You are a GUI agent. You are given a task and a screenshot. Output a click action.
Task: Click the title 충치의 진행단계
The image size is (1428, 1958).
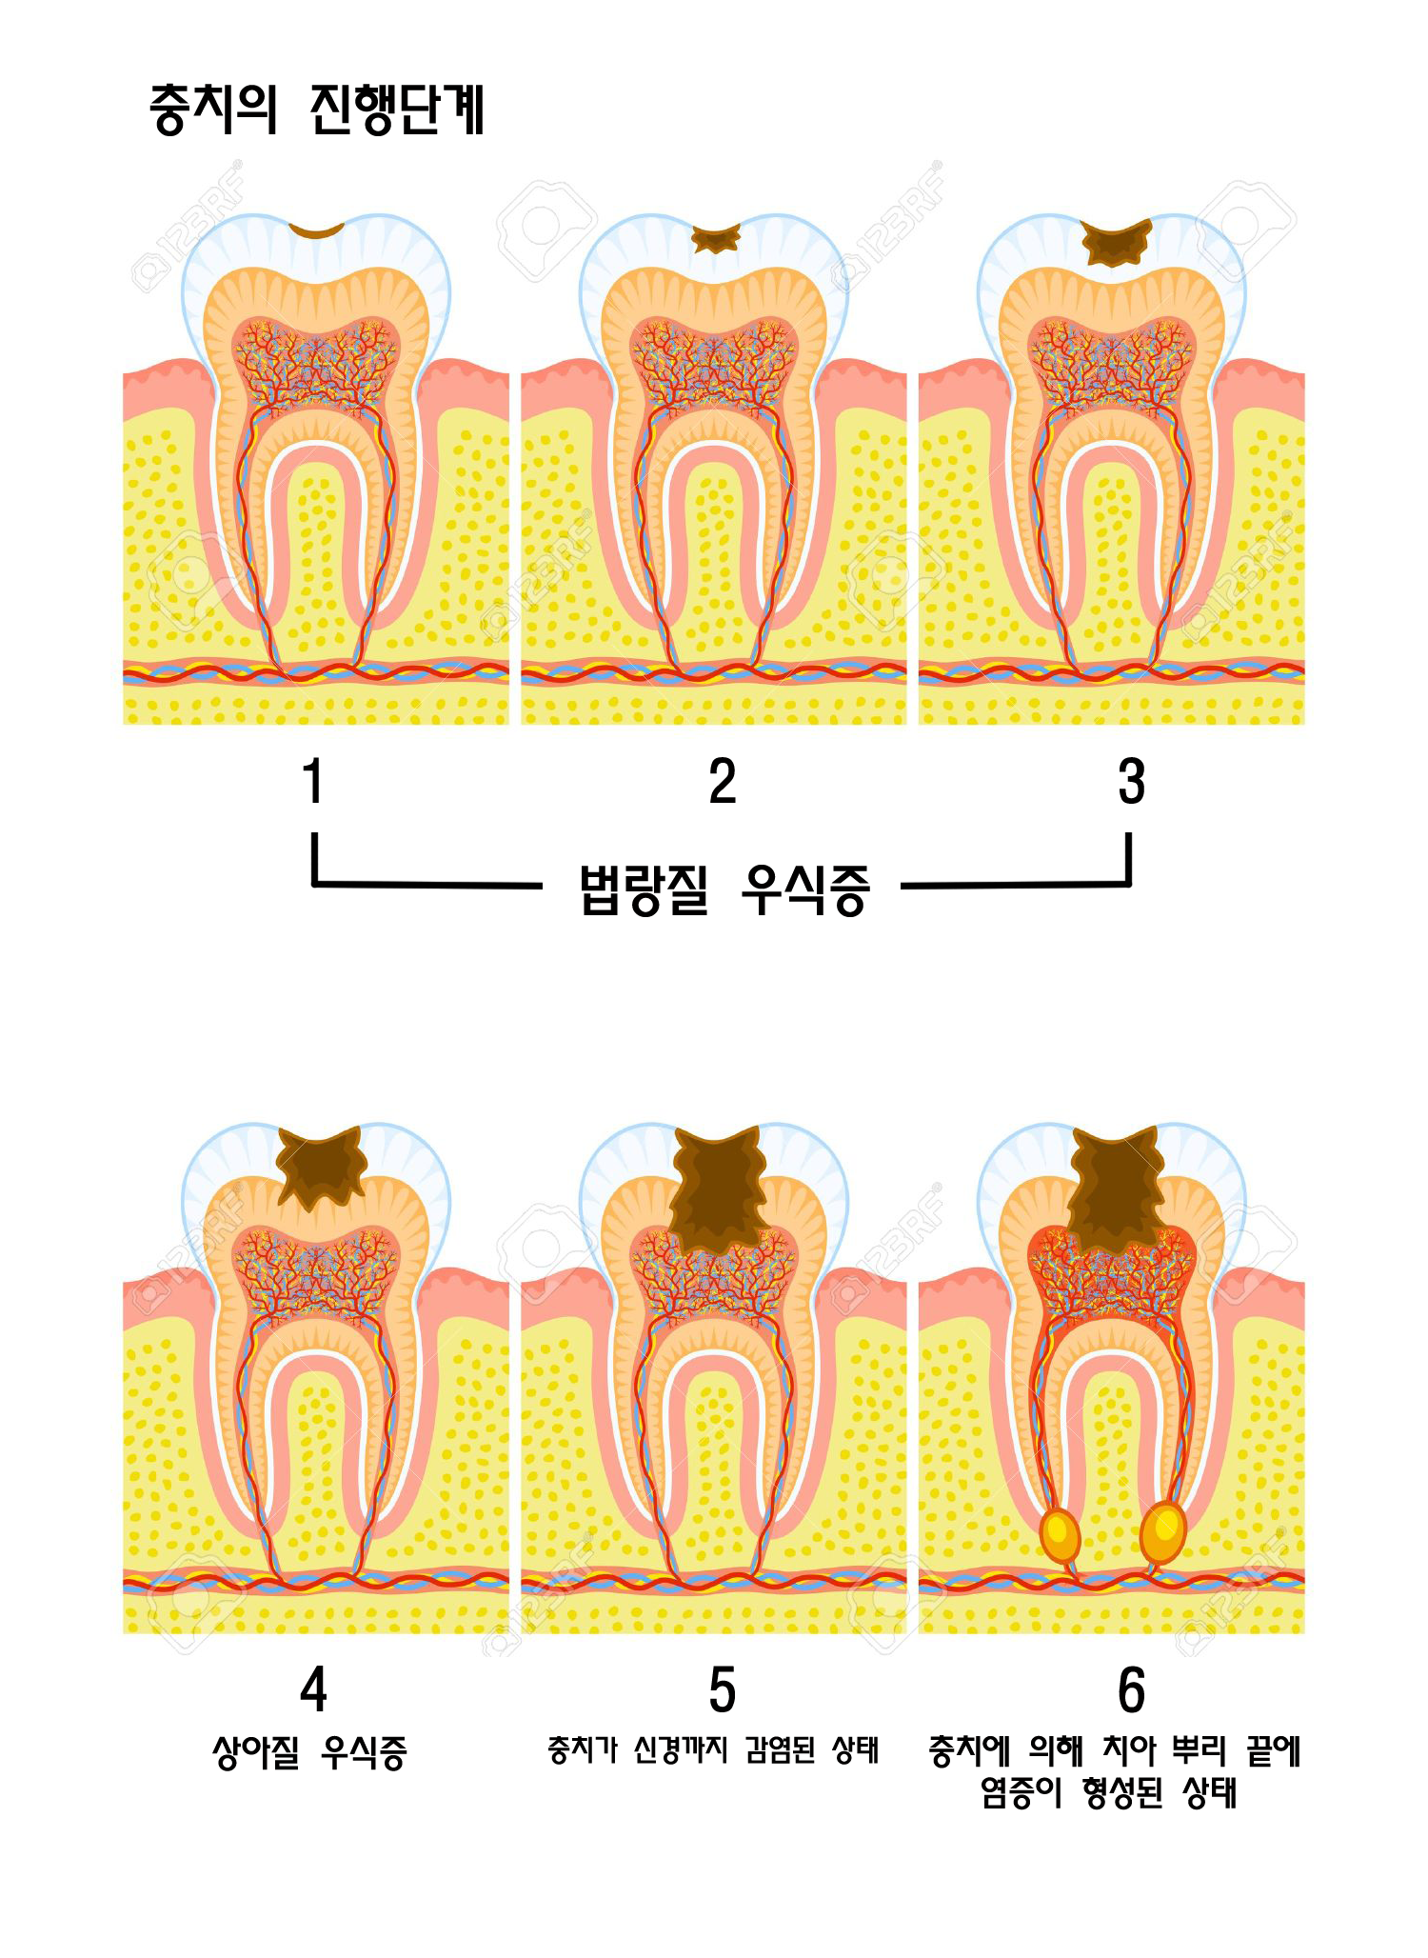317,110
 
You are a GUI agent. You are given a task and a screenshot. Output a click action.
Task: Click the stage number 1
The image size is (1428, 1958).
312,782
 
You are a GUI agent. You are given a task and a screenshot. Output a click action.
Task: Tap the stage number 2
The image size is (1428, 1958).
723,782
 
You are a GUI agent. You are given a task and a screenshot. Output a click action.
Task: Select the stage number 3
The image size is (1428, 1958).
1131,782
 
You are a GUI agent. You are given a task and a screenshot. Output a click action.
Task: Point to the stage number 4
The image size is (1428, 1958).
313,1691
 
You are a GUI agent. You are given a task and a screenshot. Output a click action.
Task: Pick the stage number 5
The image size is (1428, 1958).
723,1691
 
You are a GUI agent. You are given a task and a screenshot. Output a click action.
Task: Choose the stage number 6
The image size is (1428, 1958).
1131,1691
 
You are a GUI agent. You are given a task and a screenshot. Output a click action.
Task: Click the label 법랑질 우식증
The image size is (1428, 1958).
724,889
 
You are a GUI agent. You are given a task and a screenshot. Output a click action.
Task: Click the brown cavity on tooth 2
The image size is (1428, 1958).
715,240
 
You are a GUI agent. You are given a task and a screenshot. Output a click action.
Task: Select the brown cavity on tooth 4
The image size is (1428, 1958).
321,1163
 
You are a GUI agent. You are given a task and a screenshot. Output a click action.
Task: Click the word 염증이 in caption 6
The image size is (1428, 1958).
1021,1794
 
